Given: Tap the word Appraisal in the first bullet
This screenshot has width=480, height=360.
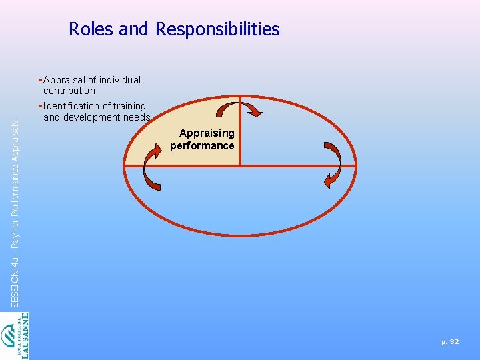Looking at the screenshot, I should coord(64,80).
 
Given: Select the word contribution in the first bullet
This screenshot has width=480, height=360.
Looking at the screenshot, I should coord(69,91).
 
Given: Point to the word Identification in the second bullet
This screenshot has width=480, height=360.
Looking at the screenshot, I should coord(69,106).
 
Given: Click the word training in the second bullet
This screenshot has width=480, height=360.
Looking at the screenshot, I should coord(130,106).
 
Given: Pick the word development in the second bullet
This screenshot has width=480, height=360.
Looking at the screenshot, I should coord(91,117).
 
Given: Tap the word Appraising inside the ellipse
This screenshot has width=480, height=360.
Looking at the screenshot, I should coord(207,133).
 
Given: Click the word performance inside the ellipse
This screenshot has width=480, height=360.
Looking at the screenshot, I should coord(202,145).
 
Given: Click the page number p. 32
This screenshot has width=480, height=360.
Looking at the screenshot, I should coord(450,341).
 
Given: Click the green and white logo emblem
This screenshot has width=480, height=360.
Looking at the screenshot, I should coord(10,337).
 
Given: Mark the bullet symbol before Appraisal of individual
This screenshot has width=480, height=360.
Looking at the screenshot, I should coord(41,80).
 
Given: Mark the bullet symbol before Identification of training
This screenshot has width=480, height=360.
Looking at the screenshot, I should coord(41,106).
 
